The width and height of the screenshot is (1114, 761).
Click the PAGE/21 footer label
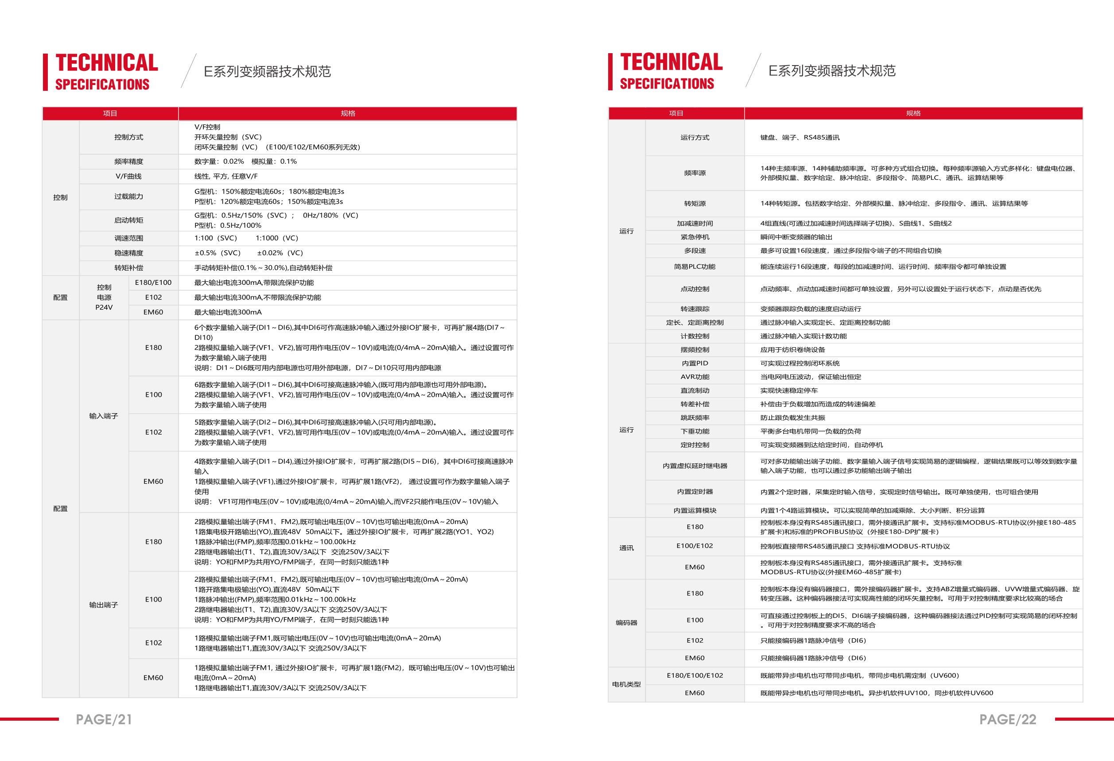(104, 719)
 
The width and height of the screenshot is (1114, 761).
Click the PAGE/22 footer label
(1008, 719)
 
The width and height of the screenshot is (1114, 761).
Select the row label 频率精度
(128, 162)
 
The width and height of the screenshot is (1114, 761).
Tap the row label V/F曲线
(128, 176)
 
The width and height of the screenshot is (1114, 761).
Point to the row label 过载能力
(128, 197)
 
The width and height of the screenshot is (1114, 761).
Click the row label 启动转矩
(128, 221)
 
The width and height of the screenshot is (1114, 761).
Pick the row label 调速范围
(128, 238)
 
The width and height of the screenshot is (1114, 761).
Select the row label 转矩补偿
(128, 268)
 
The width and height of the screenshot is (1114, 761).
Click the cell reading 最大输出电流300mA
(228, 312)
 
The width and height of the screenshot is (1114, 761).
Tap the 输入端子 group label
(104, 416)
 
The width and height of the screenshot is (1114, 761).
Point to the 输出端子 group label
(104, 605)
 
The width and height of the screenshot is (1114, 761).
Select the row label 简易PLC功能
(695, 267)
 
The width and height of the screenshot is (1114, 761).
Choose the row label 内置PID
(695, 363)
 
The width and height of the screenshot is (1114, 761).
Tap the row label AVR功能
(695, 377)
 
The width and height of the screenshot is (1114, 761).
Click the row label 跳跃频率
(695, 418)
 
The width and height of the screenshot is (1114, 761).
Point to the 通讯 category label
(626, 548)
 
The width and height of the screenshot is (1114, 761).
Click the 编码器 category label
(626, 623)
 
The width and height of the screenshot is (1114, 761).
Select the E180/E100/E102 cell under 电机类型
(695, 676)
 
